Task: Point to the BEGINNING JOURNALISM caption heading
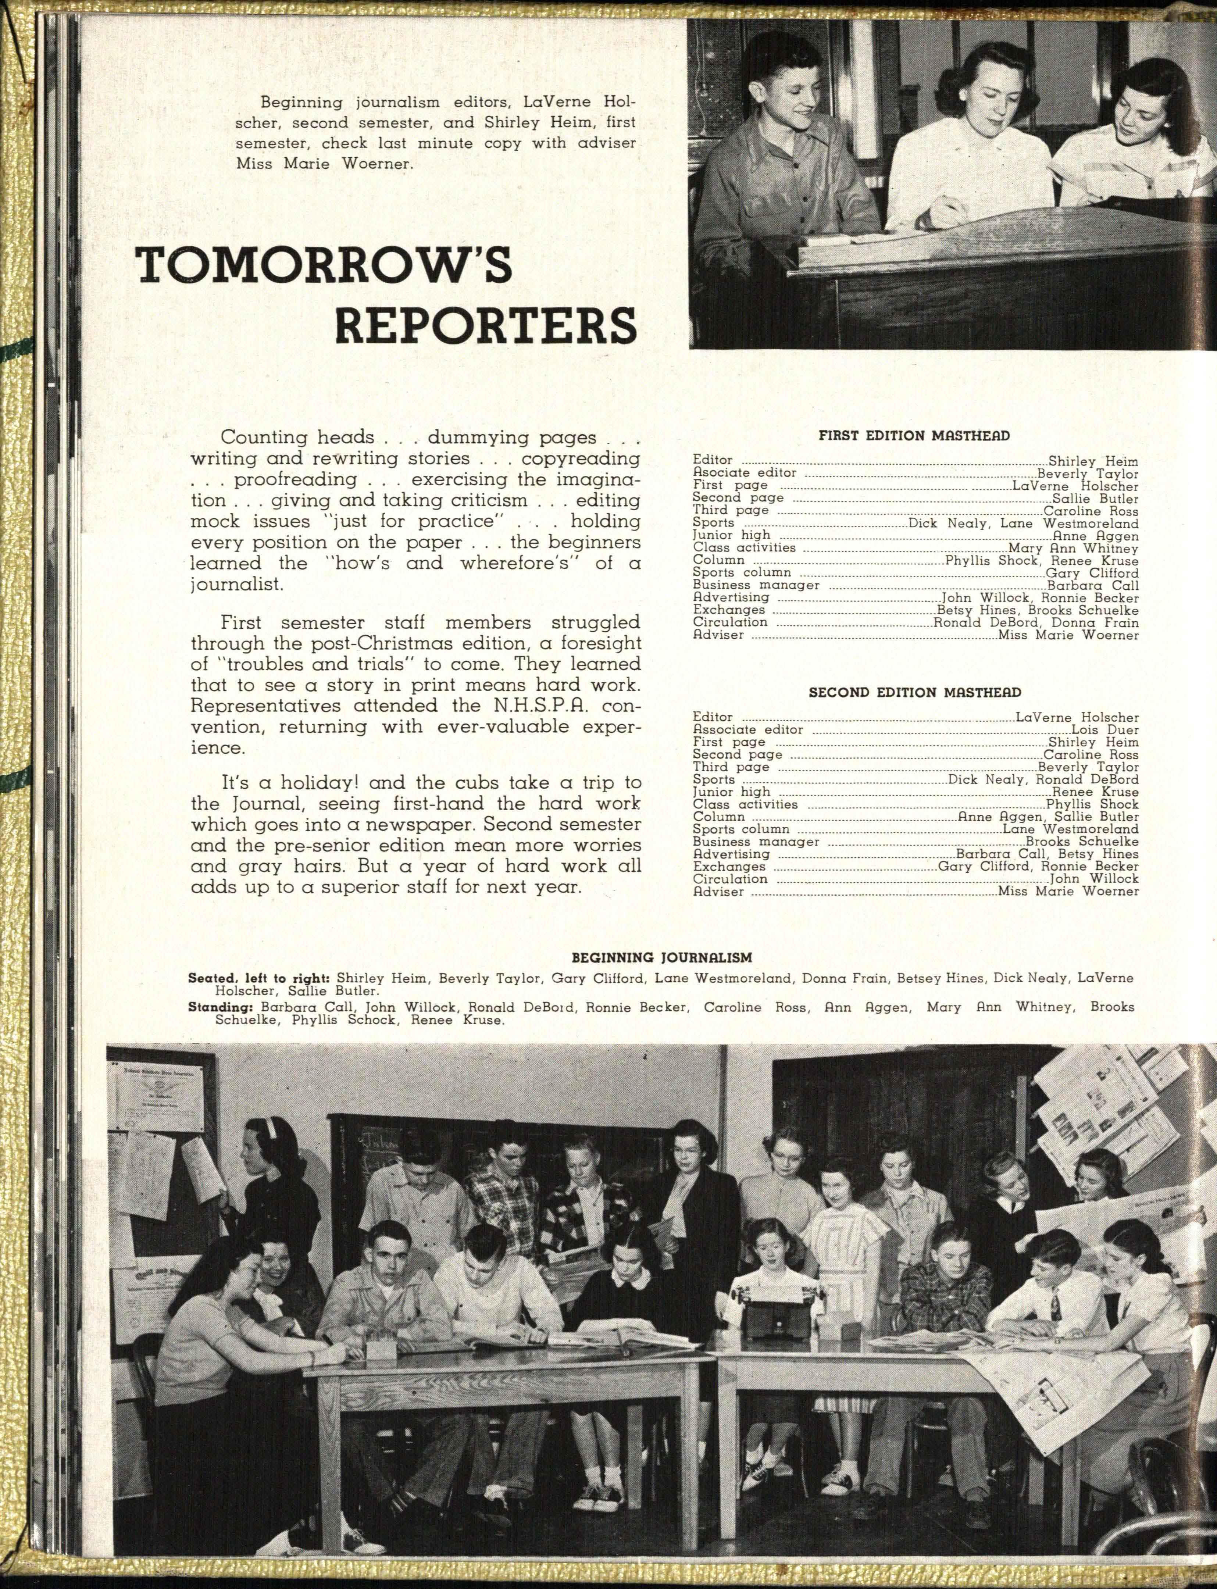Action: click(x=661, y=957)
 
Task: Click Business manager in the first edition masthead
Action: click(x=756, y=585)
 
